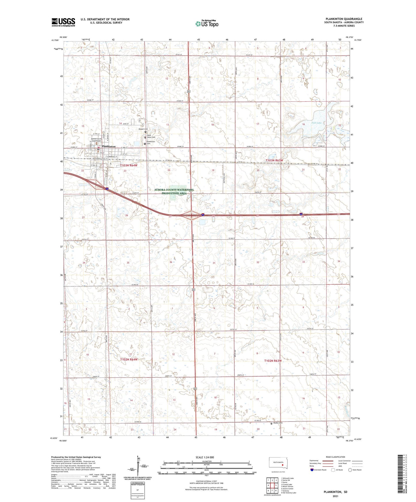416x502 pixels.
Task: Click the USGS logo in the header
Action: (x=63, y=22)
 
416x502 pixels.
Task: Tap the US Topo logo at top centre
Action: (x=207, y=24)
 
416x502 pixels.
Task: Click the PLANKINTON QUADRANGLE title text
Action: (x=344, y=19)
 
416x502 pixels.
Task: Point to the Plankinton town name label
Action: (x=109, y=147)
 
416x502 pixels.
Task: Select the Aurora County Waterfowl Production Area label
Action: (x=174, y=191)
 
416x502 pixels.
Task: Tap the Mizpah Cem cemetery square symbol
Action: (x=145, y=132)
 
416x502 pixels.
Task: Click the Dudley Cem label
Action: (x=278, y=423)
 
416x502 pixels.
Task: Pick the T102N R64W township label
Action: (x=129, y=359)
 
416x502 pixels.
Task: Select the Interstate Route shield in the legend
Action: (x=312, y=470)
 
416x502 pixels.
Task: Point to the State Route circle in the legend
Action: (x=350, y=470)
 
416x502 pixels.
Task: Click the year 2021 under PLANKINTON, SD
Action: (x=335, y=496)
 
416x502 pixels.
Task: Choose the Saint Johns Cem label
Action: (x=151, y=136)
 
